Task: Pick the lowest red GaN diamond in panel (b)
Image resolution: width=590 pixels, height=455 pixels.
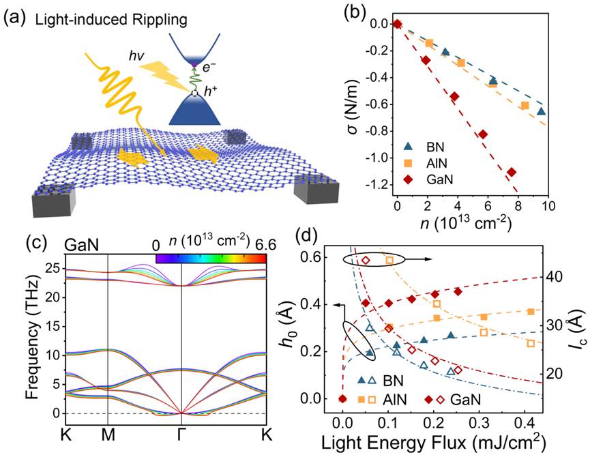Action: (x=512, y=172)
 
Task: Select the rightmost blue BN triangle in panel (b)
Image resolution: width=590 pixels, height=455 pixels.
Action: (x=541, y=111)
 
